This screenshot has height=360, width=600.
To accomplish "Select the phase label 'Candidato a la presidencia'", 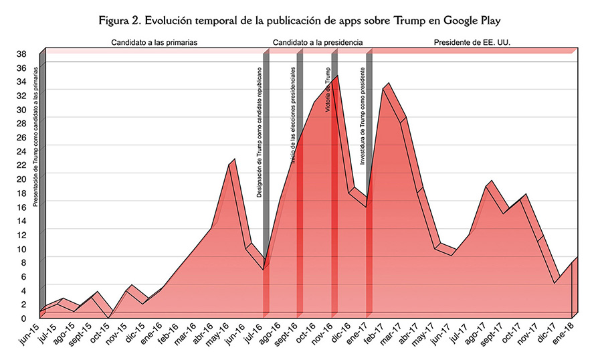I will [x=318, y=42].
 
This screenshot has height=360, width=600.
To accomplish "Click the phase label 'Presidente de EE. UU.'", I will [x=468, y=42].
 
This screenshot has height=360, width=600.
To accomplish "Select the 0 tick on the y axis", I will [x=24, y=319].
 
